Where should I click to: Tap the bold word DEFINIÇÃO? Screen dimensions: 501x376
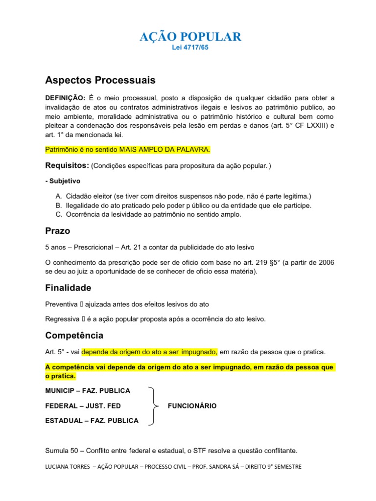[x=65, y=97]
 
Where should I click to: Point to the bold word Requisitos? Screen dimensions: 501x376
[x=67, y=166]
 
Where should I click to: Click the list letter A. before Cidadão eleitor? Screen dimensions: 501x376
[x=58, y=196]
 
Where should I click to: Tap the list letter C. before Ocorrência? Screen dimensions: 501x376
[x=58, y=214]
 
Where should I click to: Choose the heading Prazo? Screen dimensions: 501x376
[x=58, y=230]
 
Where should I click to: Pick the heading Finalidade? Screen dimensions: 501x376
[x=68, y=288]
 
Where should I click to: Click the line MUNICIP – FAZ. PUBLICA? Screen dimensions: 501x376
[x=88, y=390]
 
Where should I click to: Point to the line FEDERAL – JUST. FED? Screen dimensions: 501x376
[x=83, y=406]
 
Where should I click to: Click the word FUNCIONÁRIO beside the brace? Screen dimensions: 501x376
[x=192, y=406]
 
